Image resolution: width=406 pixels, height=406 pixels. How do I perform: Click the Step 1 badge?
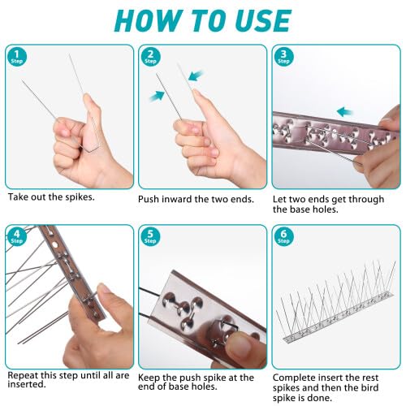pos(17,58)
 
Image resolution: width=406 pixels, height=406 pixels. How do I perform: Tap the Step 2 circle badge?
pos(150,58)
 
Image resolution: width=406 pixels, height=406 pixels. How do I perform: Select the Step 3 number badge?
pos(283,58)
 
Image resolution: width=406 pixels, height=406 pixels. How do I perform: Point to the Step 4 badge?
pos(17,236)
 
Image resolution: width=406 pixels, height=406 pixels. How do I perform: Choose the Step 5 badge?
pos(150,236)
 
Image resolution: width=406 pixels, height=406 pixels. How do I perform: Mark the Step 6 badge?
pos(283,236)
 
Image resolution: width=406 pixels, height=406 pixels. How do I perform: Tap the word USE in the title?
pos(264,21)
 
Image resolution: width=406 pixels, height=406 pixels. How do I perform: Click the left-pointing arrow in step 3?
pos(345,111)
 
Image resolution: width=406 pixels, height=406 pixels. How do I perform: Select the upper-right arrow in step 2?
pos(196,76)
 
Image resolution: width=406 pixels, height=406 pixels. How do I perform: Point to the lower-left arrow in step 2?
pos(157,97)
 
